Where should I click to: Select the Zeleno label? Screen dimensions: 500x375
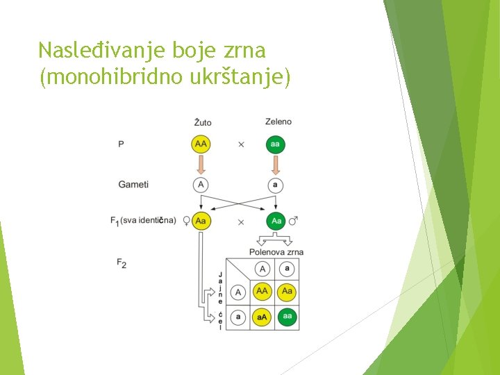coord(278,122)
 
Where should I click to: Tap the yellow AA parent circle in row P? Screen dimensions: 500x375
coord(201,144)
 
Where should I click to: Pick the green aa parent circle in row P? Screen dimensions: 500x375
coord(276,144)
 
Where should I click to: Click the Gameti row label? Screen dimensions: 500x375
coord(133,185)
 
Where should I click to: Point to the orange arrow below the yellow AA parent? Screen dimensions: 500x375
coord(201,165)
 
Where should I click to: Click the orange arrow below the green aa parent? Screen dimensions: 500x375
coord(276,165)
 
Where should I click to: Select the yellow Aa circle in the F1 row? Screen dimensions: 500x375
coord(201,222)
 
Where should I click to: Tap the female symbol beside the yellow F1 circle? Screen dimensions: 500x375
coord(186,222)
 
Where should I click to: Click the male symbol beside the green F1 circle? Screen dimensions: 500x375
coord(293,221)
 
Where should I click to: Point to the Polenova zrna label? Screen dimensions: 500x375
coord(276,252)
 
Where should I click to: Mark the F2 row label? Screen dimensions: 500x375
coord(122,263)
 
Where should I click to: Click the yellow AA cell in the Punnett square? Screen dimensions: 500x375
coord(262,292)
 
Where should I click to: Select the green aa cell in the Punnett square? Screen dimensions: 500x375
coord(287,317)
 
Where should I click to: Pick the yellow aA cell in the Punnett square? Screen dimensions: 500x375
coord(262,317)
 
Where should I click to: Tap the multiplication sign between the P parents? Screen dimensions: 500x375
coord(241,144)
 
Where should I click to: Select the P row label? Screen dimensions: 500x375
coord(122,144)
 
